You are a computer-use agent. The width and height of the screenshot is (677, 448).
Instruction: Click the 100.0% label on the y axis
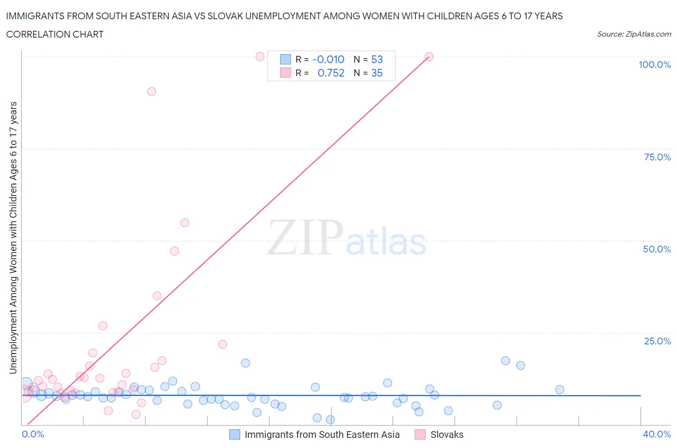[x=654, y=65]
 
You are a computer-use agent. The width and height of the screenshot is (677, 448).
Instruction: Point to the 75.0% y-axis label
[x=657, y=157]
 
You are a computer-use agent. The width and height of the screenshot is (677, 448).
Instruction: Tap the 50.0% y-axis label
[x=657, y=249]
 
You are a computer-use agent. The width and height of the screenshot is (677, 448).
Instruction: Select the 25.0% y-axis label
[x=657, y=341]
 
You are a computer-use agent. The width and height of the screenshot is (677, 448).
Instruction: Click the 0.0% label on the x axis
[x=33, y=434]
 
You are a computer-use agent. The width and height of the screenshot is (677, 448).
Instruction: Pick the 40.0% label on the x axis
[x=657, y=434]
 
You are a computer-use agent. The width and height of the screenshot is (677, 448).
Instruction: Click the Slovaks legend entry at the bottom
[x=446, y=435]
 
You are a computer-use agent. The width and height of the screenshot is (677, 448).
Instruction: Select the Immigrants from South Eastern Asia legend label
[x=322, y=435]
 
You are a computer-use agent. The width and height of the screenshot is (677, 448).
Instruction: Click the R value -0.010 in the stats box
[x=328, y=59]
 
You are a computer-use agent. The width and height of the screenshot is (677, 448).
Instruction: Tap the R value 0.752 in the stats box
[x=331, y=73]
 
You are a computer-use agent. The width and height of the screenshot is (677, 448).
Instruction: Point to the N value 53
[x=377, y=59]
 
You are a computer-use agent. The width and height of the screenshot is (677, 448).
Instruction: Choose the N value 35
[x=377, y=73]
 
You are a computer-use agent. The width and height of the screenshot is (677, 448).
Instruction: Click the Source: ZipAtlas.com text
[x=634, y=34]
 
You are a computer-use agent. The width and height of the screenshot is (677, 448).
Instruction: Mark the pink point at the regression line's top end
[x=429, y=56]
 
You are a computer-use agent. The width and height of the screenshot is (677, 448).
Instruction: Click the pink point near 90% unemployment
[x=152, y=92]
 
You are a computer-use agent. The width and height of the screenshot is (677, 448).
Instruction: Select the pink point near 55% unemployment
[x=184, y=223]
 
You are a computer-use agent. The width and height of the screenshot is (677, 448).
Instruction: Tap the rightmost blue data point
[x=560, y=390]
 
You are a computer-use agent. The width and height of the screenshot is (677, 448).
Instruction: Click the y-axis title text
[x=13, y=237]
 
